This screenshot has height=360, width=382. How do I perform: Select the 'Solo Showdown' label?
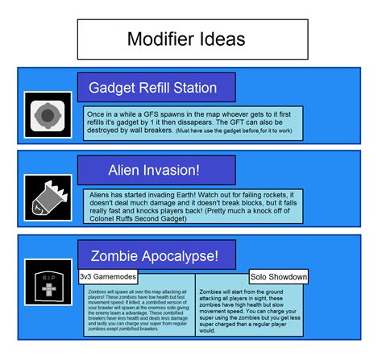279,277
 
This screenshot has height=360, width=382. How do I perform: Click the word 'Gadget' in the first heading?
111,88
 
